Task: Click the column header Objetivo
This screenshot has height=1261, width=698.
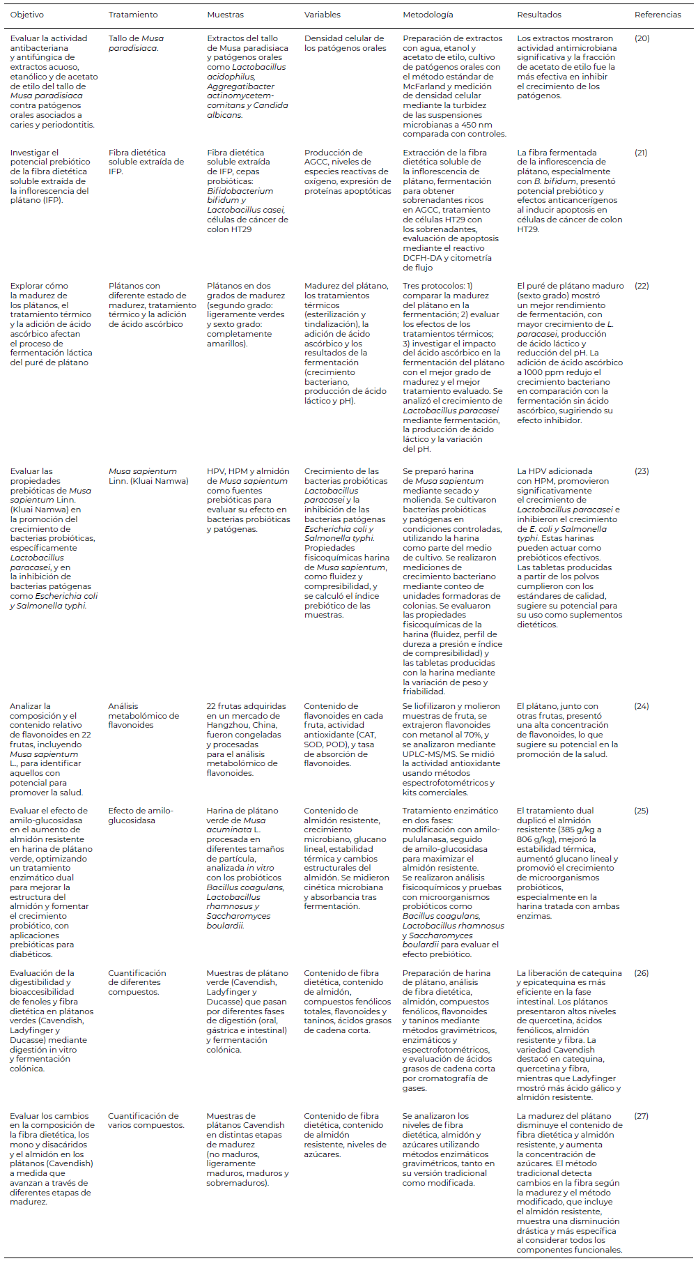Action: coord(26,15)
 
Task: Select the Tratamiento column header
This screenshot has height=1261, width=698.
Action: coord(133,15)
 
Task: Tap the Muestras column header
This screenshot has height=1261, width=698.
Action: coord(226,15)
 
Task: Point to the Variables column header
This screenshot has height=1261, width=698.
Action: coord(323,15)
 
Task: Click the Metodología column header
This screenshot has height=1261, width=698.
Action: coord(428,15)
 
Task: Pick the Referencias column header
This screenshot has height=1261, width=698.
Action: coord(658,15)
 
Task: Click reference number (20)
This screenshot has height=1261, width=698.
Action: coord(642,38)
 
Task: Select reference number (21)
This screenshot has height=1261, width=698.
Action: coord(641,153)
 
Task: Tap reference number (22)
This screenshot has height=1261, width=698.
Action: coord(642,286)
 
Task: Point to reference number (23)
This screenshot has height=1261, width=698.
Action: coord(642,471)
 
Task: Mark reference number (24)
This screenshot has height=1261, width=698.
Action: coord(642,706)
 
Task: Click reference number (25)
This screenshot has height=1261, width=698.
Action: coord(642,811)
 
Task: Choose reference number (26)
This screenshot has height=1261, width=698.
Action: coord(642,973)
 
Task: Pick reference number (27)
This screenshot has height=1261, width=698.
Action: coord(642,1116)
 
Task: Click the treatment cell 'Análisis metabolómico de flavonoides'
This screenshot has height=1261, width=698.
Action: coord(143,715)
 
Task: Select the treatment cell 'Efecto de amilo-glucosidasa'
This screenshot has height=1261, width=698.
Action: coord(140,816)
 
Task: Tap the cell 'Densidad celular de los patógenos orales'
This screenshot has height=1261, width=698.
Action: coord(344,43)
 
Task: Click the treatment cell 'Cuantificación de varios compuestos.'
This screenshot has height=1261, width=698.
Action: coord(145,1120)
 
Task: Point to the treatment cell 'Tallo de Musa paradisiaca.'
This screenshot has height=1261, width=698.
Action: coord(136,43)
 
